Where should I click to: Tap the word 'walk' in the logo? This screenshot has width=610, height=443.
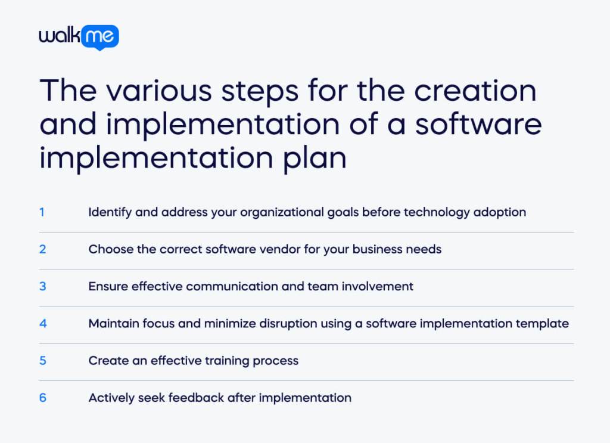point(61,36)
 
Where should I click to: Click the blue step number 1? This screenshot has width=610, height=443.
point(42,212)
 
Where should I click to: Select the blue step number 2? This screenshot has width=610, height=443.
point(42,249)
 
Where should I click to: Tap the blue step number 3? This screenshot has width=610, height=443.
point(42,286)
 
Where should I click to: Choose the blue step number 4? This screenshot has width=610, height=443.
point(42,324)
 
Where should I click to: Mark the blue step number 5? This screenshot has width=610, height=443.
point(42,361)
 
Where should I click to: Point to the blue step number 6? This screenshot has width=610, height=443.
point(42,398)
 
